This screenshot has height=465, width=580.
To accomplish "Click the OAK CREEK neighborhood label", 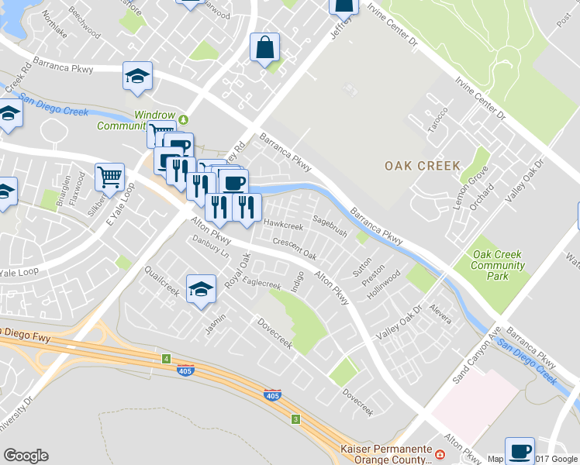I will coord(422,166).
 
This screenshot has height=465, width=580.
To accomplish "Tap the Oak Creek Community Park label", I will coord(498,260).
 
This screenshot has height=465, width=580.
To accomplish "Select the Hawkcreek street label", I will coord(282,226).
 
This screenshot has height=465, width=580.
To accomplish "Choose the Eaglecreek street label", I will coord(262,284).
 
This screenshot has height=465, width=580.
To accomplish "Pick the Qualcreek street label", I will coord(162,281).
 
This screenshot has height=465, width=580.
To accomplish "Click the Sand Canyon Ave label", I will coord(475,356).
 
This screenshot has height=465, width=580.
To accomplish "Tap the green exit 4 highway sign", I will coord(166,358).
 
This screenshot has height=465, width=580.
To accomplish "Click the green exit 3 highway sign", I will coord(295,419).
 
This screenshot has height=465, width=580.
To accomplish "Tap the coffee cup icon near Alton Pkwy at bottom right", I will coord(520,449).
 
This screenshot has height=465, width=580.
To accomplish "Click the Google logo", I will coord(26,456).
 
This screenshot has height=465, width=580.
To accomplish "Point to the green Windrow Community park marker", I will coord(184,119).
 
